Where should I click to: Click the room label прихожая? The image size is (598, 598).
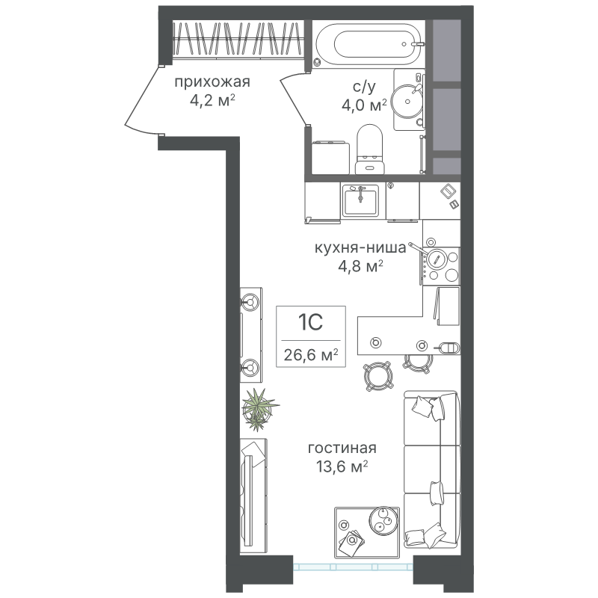[212, 82]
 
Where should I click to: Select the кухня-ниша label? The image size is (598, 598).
[360, 248]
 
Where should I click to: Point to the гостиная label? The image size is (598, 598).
[342, 448]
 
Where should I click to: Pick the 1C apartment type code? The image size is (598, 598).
[310, 322]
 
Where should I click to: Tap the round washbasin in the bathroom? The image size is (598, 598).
[407, 101]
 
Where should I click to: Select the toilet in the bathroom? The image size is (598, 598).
[370, 149]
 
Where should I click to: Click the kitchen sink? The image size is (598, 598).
[360, 201]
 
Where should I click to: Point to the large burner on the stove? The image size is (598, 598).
[437, 259]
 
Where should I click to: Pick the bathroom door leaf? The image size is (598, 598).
[294, 99]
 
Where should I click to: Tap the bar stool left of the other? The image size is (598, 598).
[378, 375]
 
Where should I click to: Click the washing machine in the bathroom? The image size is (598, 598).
[330, 157]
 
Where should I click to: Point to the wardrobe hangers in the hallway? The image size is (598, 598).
[235, 39]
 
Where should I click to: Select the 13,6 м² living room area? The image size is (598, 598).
[342, 466]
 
